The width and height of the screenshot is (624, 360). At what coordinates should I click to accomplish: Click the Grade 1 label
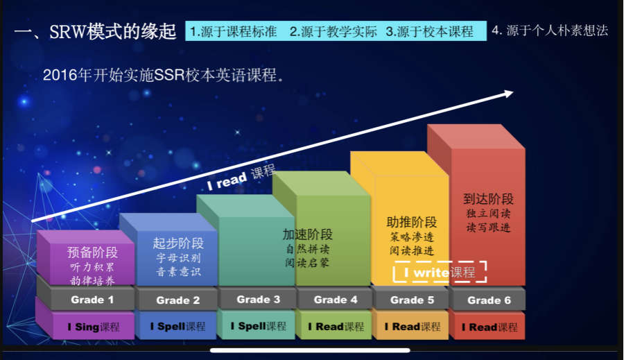pyautogui.click(x=92, y=300)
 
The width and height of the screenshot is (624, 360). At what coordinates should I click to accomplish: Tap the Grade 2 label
pyautogui.click(x=178, y=300)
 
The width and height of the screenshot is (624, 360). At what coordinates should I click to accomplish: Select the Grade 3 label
pyautogui.click(x=259, y=299)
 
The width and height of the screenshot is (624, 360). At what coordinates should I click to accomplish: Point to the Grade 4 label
pyautogui.click(x=336, y=300)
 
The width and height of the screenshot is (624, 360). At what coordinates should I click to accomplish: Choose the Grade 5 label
pyautogui.click(x=412, y=300)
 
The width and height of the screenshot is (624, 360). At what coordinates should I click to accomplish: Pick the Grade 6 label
pyautogui.click(x=489, y=300)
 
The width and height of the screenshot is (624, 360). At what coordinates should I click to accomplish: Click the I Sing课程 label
pyautogui.click(x=94, y=327)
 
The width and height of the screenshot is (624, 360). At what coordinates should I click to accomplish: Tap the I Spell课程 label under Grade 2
pyautogui.click(x=178, y=326)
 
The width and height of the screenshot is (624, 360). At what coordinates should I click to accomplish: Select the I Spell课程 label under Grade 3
pyautogui.click(x=259, y=326)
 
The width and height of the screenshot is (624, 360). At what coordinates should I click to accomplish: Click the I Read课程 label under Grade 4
pyautogui.click(x=336, y=327)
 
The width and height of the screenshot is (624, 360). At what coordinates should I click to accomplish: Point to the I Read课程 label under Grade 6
pyautogui.click(x=490, y=327)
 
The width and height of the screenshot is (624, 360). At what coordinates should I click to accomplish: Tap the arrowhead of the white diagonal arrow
pyautogui.click(x=509, y=94)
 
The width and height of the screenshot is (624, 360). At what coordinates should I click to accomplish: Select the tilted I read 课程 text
pyautogui.click(x=241, y=177)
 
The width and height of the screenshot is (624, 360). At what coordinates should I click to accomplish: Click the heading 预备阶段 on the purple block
pyautogui.click(x=92, y=252)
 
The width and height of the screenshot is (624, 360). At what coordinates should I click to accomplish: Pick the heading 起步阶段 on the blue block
pyautogui.click(x=178, y=243)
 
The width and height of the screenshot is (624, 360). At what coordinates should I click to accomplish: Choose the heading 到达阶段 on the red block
pyautogui.click(x=488, y=198)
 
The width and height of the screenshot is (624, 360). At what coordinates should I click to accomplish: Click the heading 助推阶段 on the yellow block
pyautogui.click(x=411, y=222)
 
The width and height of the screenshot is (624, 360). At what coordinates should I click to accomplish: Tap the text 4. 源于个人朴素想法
pyautogui.click(x=550, y=31)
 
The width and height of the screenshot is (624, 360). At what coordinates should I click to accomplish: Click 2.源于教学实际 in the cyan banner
pyautogui.click(x=333, y=31)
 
